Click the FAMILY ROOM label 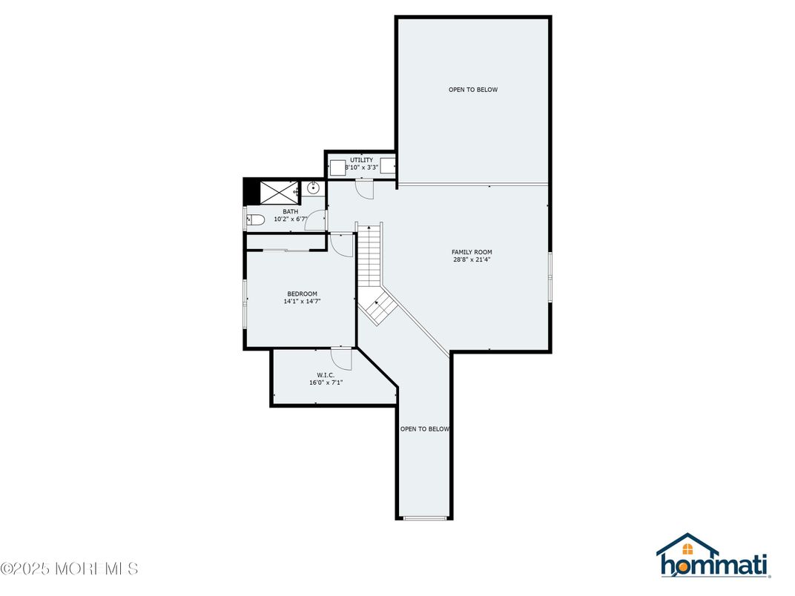tap(472, 252)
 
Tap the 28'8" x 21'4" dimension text tap(472, 260)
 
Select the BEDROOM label tap(302, 294)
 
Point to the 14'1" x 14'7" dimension tap(302, 302)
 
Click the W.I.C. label tap(326, 375)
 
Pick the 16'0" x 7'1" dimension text tap(326, 383)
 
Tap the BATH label tap(290, 211)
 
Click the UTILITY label tap(362, 160)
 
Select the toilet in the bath tap(254, 219)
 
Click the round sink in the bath tap(314, 188)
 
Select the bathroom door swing tap(317, 220)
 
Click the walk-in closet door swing tap(342, 358)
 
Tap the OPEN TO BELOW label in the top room tap(472, 90)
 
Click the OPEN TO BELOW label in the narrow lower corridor tap(425, 428)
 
